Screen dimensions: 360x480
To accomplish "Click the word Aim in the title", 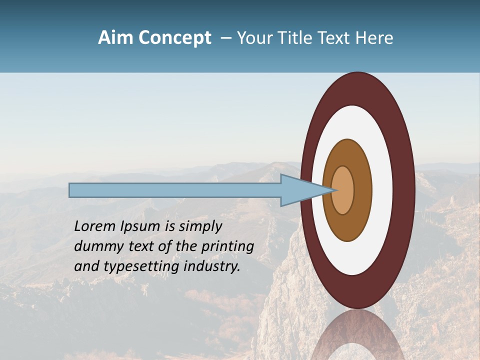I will pyautogui.click(x=115, y=38).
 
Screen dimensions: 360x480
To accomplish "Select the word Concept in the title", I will pyautogui.click(x=174, y=38).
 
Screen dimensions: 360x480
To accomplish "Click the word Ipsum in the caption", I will pyautogui.click(x=142, y=226).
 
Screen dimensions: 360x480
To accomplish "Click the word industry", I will pyautogui.click(x=212, y=266).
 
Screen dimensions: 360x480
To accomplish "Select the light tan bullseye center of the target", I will pyautogui.click(x=343, y=190).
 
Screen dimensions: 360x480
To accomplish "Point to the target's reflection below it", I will pyautogui.click(x=358, y=335).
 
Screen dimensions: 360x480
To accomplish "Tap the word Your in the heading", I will pyautogui.click(x=253, y=38).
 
